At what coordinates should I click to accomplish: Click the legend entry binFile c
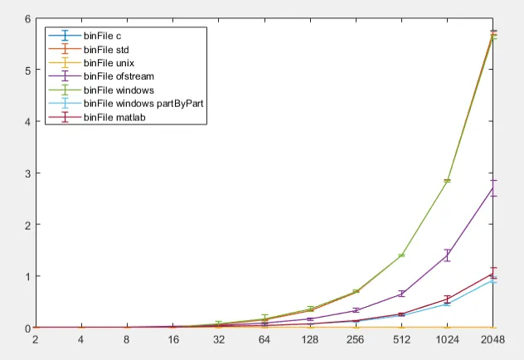click(x=103, y=36)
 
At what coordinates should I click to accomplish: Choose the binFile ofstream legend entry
click(x=114, y=76)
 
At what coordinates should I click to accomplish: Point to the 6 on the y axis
click(x=27, y=19)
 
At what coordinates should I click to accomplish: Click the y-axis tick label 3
click(x=27, y=173)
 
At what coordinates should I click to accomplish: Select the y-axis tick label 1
click(x=27, y=276)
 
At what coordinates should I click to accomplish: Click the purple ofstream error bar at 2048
click(x=493, y=188)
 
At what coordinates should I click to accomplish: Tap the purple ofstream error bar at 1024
click(x=448, y=255)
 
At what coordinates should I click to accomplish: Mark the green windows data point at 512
click(x=401, y=255)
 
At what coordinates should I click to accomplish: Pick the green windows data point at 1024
click(x=448, y=181)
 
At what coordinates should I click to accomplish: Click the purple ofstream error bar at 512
click(x=401, y=294)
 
